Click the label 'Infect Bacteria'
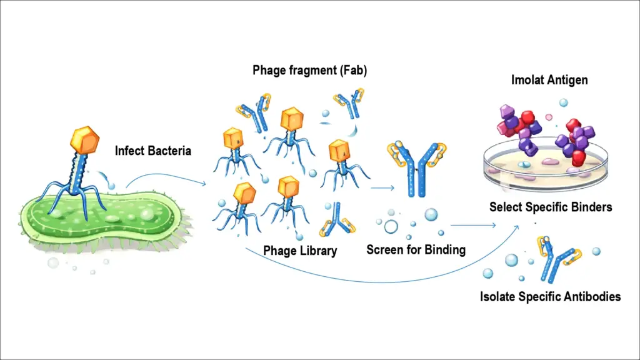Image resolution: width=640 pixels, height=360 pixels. pyautogui.click(x=152, y=151)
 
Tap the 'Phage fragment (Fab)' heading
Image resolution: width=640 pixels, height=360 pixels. pyautogui.click(x=309, y=70)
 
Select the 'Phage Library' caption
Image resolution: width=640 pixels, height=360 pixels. pyautogui.click(x=300, y=251)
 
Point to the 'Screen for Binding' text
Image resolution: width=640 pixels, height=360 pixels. pyautogui.click(x=416, y=250)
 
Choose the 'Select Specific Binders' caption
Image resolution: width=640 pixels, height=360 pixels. pyautogui.click(x=550, y=206)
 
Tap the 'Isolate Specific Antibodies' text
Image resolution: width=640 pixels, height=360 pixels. pyautogui.click(x=550, y=296)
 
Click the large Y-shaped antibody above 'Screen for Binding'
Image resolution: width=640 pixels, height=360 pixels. pyautogui.click(x=415, y=167)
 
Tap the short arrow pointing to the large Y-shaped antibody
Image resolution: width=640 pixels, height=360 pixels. pyautogui.click(x=382, y=187)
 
